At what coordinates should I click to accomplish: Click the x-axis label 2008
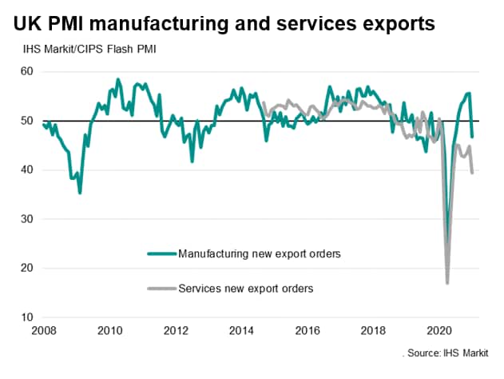(43, 330)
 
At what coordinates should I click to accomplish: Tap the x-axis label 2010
(109, 330)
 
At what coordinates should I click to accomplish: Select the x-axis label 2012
(176, 330)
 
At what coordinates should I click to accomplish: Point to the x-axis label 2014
(242, 330)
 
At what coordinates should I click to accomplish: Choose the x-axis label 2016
(308, 330)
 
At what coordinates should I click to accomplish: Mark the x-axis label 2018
(375, 330)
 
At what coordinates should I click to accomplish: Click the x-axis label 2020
(441, 330)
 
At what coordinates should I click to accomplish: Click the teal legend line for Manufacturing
(161, 253)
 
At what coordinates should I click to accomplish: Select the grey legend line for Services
(161, 288)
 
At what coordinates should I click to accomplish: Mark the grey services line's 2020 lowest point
(447, 282)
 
